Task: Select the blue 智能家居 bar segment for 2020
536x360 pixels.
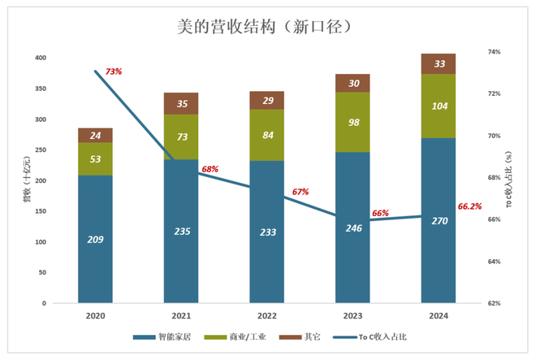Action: [95, 239]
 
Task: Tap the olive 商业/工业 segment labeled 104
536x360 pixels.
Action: [439, 106]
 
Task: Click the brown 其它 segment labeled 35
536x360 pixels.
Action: [180, 103]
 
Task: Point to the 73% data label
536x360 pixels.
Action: [113, 72]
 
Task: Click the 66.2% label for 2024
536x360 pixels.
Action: [475, 206]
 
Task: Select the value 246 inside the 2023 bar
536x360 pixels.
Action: [352, 228]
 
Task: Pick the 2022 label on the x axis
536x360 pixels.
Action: [266, 315]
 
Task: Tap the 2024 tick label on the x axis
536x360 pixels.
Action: [438, 315]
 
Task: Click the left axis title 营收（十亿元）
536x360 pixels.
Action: [26, 181]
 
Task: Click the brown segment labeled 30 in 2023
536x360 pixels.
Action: [352, 83]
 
